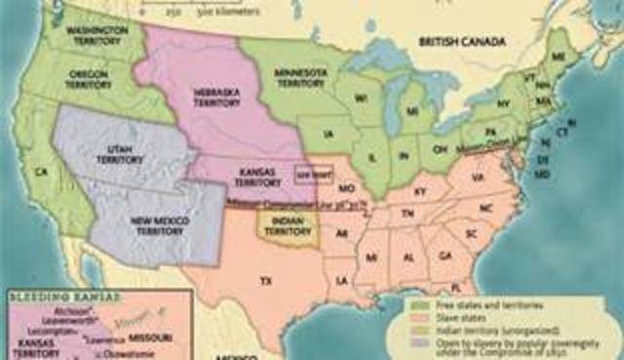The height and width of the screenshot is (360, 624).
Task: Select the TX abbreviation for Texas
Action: coord(263,280)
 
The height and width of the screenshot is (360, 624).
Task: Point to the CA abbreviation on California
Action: coord(41,172)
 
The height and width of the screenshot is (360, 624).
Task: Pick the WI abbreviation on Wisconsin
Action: coord(360,100)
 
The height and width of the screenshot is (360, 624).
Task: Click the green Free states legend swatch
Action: coord(411,305)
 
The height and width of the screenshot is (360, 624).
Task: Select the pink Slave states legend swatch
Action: coord(411,318)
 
